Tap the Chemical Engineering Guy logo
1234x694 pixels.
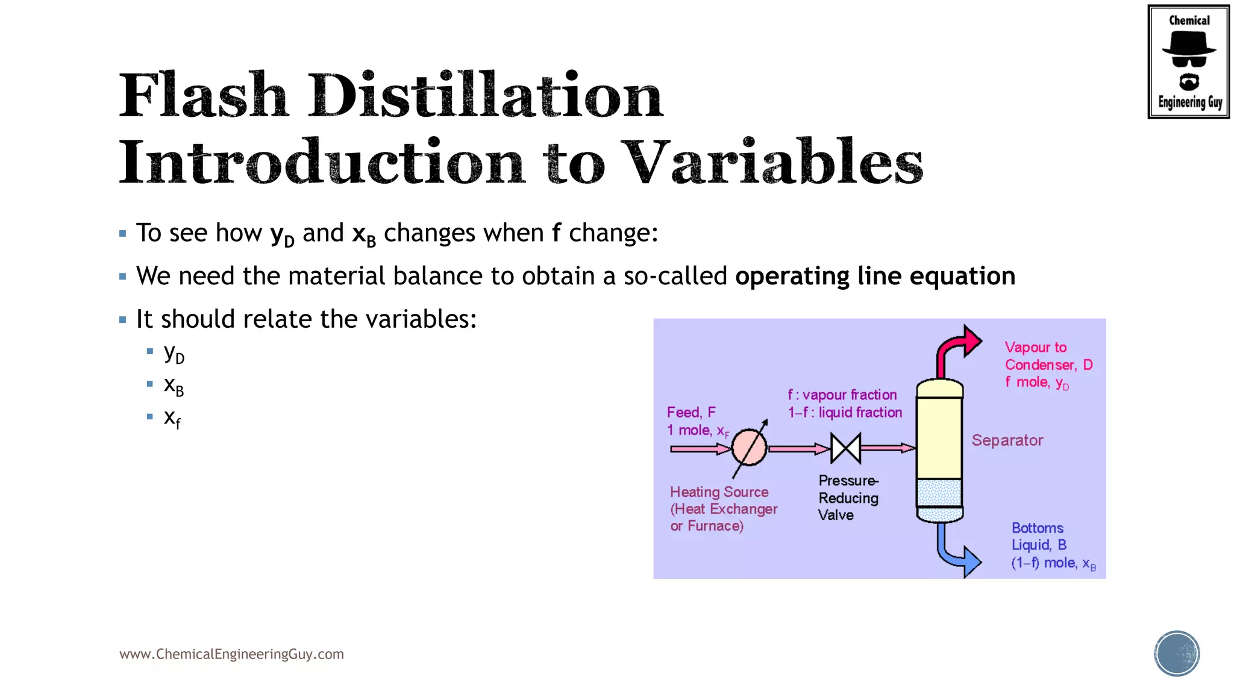click(x=1188, y=61)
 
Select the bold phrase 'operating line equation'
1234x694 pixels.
click(x=875, y=276)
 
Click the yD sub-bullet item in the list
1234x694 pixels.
click(x=174, y=354)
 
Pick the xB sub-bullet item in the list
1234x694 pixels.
click(x=174, y=386)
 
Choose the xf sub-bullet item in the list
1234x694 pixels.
click(x=172, y=418)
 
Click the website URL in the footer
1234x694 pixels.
click(x=231, y=654)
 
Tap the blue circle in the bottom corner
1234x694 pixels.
click(x=1177, y=654)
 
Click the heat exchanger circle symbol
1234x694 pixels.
click(x=749, y=448)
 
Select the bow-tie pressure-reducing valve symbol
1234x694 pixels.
click(x=845, y=448)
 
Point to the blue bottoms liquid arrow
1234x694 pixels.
click(x=958, y=552)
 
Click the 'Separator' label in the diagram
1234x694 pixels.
click(x=1007, y=440)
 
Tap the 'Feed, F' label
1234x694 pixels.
click(x=691, y=412)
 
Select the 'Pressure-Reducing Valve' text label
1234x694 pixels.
click(x=848, y=498)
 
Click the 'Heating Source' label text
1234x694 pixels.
click(x=719, y=492)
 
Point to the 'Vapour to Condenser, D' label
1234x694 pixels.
click(x=1048, y=356)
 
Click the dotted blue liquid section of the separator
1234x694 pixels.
click(x=939, y=493)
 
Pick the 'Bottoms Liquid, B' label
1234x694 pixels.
click(x=1039, y=536)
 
